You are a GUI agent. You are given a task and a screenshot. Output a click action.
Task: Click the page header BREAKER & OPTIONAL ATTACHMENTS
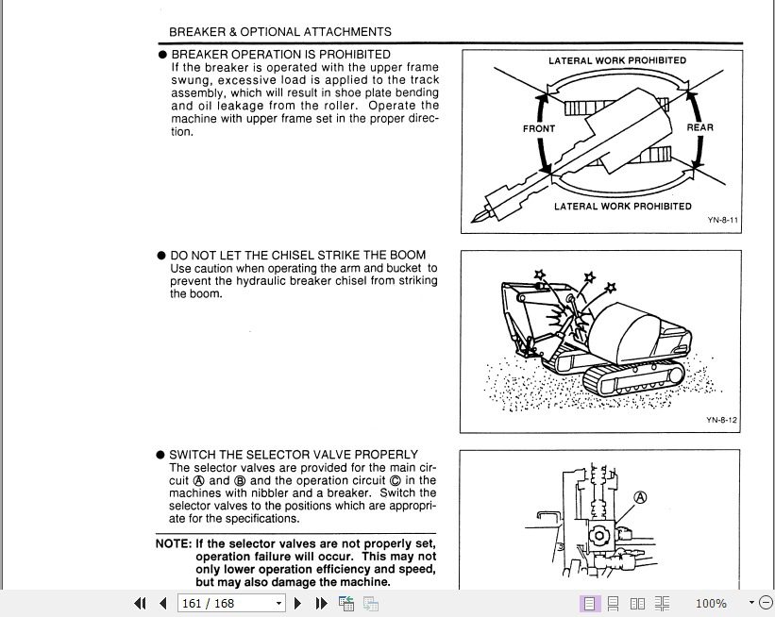coord(279,31)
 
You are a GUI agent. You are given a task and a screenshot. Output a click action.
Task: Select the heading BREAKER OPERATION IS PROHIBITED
coord(280,55)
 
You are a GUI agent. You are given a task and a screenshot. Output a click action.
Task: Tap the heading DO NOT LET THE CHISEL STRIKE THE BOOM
coord(297,255)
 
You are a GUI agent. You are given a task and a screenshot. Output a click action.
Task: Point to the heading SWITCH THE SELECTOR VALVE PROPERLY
coord(294,455)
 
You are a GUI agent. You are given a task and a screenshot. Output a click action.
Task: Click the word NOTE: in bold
coord(174,544)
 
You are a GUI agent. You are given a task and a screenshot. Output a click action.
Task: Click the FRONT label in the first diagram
coord(539,128)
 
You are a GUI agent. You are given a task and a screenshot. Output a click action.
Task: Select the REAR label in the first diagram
coord(699,127)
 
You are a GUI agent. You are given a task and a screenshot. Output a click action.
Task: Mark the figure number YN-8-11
coord(722,220)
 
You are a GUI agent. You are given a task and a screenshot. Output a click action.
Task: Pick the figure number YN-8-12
coord(721,420)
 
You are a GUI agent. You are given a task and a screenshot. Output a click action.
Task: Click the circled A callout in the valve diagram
coord(641,497)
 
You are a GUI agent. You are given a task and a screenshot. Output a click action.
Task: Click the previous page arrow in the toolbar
coord(162,603)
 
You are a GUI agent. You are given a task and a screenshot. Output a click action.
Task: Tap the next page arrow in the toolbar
coord(298,603)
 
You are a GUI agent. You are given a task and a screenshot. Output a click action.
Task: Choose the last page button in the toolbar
coord(320,603)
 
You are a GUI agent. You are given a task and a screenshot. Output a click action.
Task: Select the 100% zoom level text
coord(711,603)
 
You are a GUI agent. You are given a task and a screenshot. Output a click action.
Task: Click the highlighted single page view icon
coord(588,603)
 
